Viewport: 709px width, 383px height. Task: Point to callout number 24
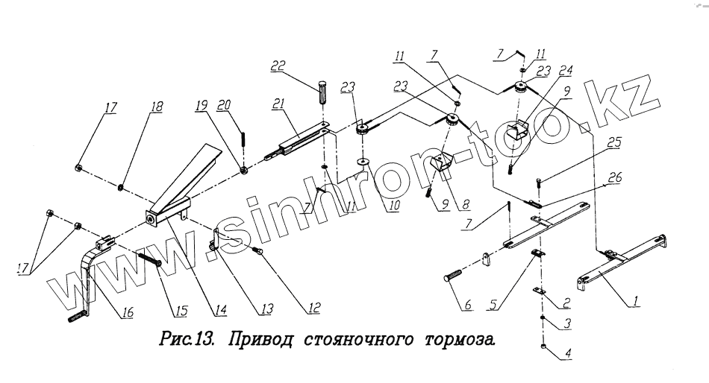[x=566, y=72]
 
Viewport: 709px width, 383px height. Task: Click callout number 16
[x=127, y=314]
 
